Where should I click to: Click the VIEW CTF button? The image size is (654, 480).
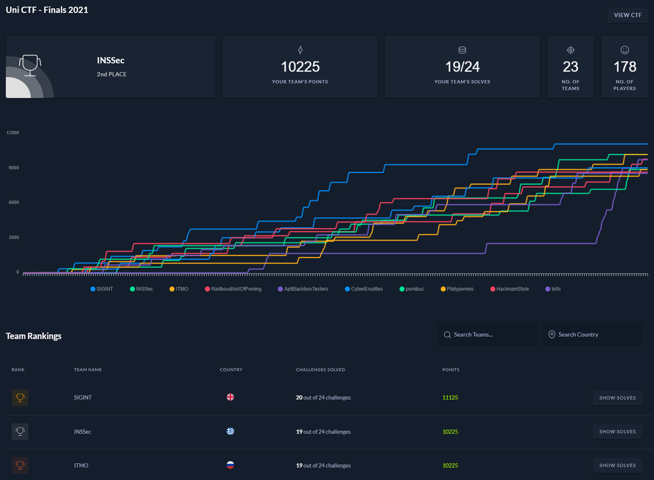(627, 15)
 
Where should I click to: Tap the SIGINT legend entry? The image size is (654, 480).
(101, 289)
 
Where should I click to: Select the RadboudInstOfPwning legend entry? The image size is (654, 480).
(233, 289)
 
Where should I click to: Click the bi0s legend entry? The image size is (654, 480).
(553, 289)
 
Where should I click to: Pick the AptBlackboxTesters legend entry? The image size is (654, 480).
(303, 289)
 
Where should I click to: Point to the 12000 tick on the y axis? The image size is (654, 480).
(13, 133)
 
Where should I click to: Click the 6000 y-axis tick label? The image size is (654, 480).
(14, 202)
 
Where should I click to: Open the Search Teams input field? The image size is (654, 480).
(487, 334)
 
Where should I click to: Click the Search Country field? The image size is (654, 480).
(592, 334)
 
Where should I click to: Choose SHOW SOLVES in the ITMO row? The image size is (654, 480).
(617, 465)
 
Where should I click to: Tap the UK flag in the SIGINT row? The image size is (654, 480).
(231, 397)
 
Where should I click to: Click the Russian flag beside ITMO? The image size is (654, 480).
(231, 465)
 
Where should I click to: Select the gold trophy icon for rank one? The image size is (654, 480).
(20, 398)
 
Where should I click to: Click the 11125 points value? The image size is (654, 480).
(450, 398)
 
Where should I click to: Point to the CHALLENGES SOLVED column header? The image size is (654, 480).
(320, 370)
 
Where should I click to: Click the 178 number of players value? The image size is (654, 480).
(625, 67)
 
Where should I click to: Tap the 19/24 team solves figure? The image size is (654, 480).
(463, 67)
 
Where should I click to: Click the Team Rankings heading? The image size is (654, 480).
(34, 336)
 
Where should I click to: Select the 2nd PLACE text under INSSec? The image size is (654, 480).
(112, 75)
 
